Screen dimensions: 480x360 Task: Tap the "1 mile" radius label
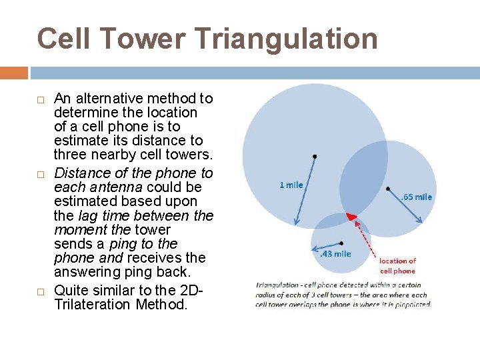click(291, 185)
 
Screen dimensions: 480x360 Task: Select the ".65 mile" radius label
click(417, 197)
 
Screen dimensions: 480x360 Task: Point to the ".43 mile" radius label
click(335, 254)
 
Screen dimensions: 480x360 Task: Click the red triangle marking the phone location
click(350, 217)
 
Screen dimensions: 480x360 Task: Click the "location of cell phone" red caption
click(397, 265)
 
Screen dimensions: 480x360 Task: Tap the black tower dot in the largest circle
click(315, 156)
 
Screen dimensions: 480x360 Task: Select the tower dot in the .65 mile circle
click(389, 188)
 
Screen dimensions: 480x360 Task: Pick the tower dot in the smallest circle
click(341, 243)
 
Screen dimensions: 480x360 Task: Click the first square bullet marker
click(41, 99)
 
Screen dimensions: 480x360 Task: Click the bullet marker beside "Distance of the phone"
click(41, 174)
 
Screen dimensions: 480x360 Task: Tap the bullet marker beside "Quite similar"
click(41, 291)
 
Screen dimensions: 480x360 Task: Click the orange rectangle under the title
click(14, 72)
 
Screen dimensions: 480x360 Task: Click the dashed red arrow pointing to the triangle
click(365, 237)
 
